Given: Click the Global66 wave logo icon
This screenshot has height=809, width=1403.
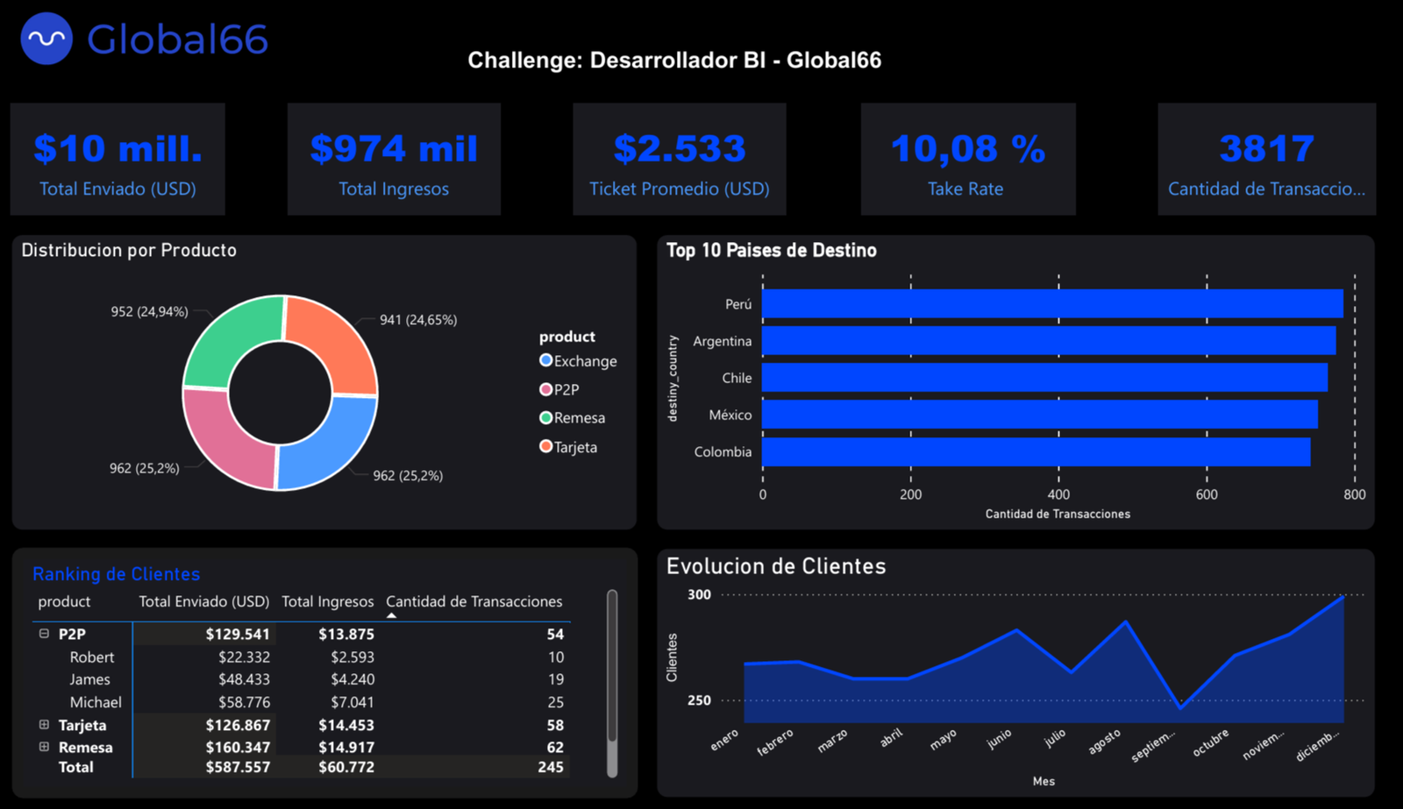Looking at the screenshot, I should click(x=46, y=39).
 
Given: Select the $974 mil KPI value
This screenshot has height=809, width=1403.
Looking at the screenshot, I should click(x=394, y=148).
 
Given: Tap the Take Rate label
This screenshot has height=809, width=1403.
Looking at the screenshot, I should click(x=965, y=188).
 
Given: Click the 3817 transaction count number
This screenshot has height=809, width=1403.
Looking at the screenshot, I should click(x=1266, y=148).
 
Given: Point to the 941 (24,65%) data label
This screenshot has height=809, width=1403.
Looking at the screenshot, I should click(x=418, y=320).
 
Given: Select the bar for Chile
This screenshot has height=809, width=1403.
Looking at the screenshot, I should click(x=1043, y=378).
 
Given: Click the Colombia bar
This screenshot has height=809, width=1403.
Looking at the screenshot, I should click(x=1035, y=452).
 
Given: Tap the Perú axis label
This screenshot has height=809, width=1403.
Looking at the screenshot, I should click(x=738, y=304).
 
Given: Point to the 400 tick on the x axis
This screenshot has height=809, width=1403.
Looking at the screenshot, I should click(x=1058, y=494).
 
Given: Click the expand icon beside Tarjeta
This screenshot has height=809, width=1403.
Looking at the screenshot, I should click(x=44, y=725).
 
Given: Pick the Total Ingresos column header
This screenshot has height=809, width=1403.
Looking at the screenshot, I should click(x=327, y=601).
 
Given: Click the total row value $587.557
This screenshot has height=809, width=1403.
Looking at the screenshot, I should click(x=238, y=767).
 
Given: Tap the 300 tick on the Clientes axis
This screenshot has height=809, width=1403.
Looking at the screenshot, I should click(x=699, y=594).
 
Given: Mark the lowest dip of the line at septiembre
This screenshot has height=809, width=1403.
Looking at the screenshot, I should click(x=1180, y=707).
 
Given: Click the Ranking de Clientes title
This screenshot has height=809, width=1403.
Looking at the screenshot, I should click(x=116, y=574).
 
